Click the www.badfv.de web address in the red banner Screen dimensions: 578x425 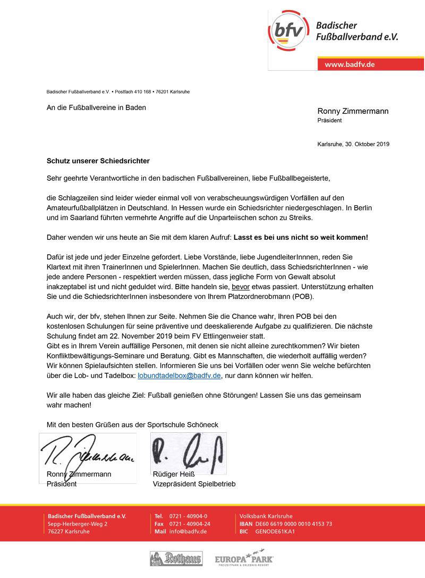350,64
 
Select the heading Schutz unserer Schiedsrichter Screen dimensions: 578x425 98,160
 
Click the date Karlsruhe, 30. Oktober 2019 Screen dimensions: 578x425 353,144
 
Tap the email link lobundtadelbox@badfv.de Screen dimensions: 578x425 178,375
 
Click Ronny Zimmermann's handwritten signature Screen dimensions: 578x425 88,451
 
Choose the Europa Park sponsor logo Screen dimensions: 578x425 244,559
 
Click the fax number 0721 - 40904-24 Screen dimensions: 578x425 190,524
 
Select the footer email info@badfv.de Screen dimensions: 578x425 188,532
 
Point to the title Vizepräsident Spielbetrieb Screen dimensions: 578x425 194,484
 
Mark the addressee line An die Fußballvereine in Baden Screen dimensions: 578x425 96,107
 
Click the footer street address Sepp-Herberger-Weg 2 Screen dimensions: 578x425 78,524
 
